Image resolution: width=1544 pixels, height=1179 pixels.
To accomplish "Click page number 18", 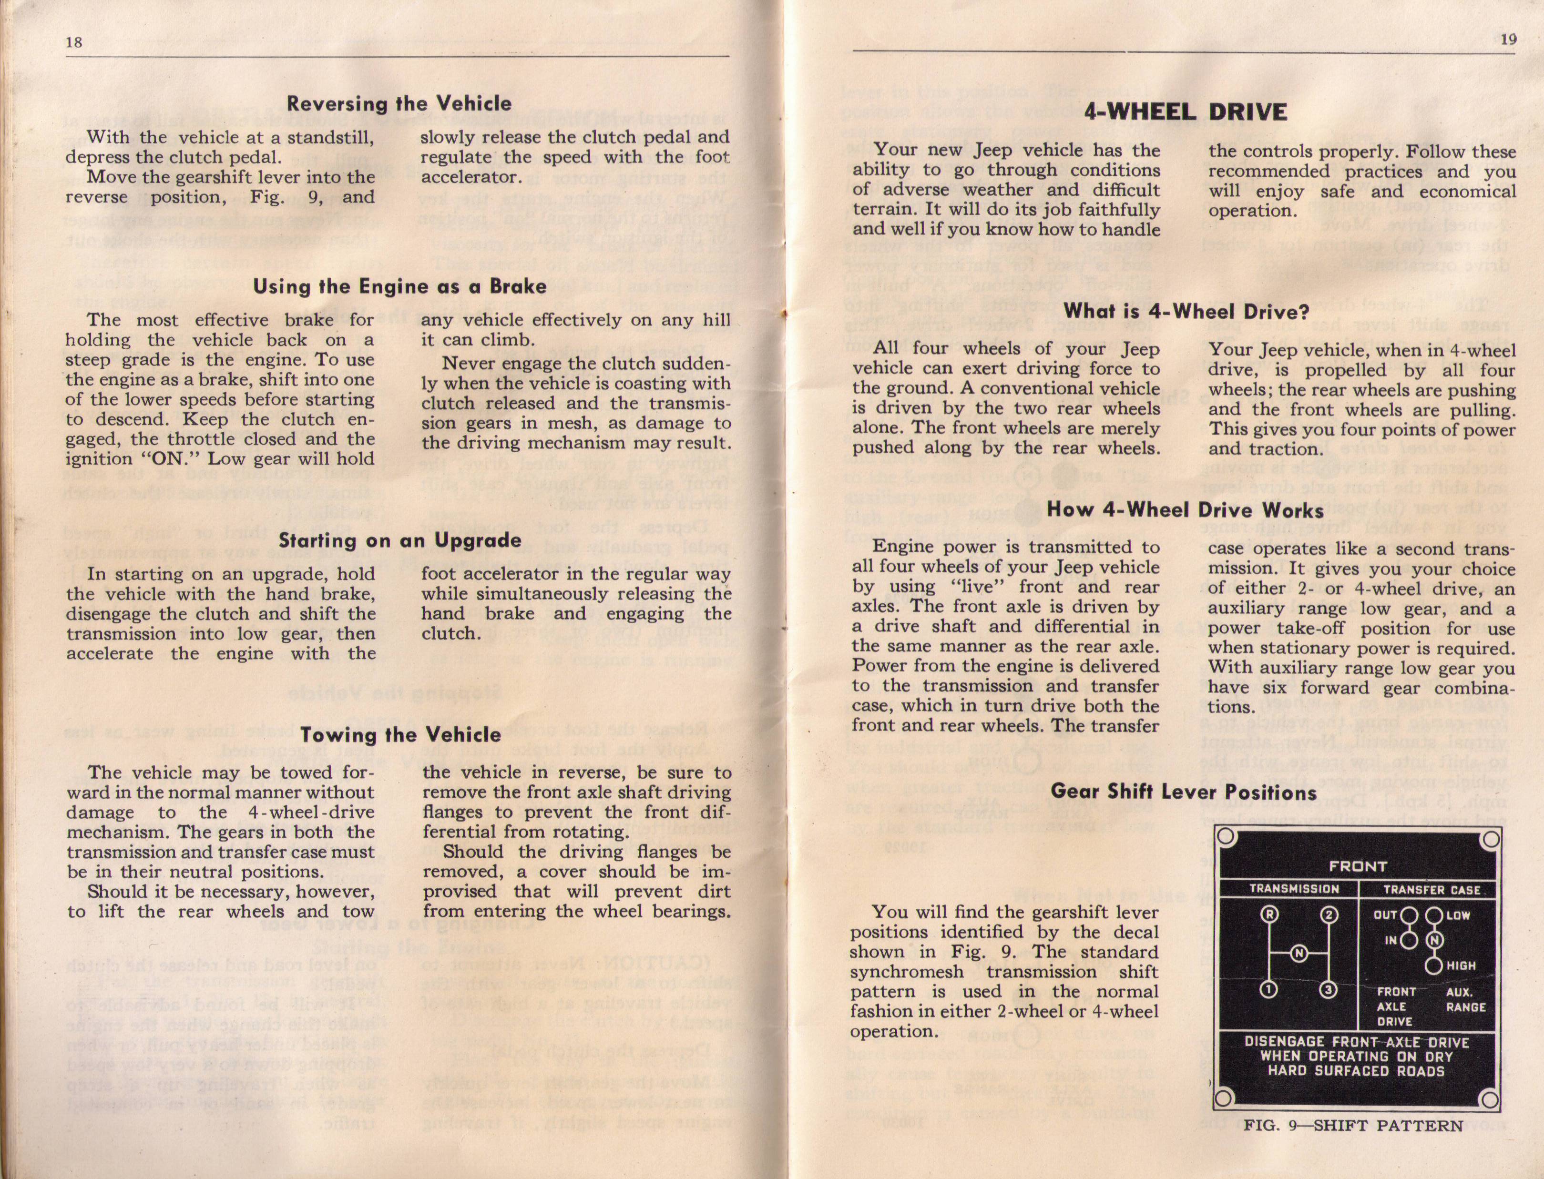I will click(x=74, y=41).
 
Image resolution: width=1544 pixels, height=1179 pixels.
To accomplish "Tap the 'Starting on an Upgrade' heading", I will click(x=399, y=540).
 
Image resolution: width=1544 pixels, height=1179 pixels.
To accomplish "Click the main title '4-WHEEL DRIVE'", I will click(x=1186, y=112).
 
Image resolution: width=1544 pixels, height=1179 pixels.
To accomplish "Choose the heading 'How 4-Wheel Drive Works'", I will click(x=1186, y=510).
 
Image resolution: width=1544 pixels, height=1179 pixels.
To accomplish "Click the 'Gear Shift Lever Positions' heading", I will click(x=1183, y=793).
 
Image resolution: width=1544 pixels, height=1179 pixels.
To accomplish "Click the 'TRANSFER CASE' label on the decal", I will click(x=1432, y=890).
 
